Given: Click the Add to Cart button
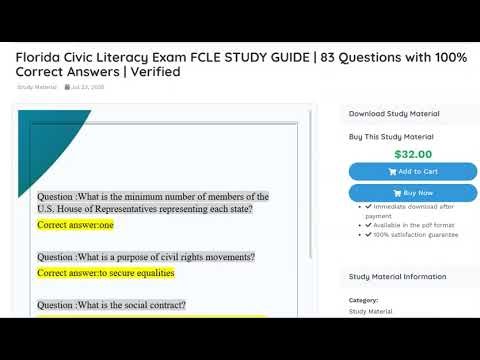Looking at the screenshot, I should pos(413,171).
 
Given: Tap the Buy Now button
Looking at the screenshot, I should pos(413,192).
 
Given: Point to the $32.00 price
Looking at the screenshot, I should pos(413,154).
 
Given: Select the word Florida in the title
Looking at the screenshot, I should pos(39,56).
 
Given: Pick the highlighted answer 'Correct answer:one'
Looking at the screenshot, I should pos(76,226).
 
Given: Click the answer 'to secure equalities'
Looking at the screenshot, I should pos(105,272).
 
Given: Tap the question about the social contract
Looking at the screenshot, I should pos(111,304).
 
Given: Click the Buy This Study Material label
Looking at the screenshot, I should pos(392,135).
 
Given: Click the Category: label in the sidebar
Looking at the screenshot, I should pos(363,300).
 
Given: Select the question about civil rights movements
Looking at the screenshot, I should pos(145,257).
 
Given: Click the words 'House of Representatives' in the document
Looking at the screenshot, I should pos(133,210).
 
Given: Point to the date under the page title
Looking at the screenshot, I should pos(88,87).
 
